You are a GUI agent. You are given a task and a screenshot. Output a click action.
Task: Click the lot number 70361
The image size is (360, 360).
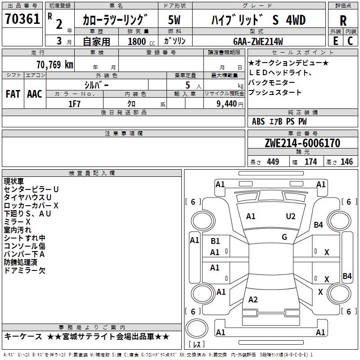pos(22,19)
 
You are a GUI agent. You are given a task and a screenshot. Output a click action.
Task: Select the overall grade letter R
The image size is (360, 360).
pos(343,21)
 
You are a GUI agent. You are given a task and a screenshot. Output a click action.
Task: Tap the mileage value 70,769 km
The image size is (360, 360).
pos(54,64)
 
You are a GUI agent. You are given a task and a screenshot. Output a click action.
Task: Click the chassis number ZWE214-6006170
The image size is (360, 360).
pos(302,143)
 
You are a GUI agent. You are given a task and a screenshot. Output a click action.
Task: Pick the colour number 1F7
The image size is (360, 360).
pos(74,103)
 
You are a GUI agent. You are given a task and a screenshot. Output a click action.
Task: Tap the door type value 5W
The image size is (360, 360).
pos(175,20)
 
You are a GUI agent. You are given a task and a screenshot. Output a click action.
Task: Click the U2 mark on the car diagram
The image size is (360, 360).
pos(291,216)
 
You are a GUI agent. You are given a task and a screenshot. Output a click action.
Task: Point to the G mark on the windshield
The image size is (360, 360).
pos(284,237)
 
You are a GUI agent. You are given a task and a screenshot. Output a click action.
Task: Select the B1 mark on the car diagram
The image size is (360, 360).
pos(215,241)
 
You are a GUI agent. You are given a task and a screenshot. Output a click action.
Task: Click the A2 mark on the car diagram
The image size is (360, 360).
pos(253,300)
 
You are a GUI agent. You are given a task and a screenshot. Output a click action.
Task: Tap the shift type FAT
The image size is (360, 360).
pos(13,94)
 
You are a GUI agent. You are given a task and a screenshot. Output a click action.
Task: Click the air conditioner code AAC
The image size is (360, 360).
pos(35,94)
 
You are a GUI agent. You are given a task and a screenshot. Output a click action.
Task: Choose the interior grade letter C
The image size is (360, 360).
pos(350,41)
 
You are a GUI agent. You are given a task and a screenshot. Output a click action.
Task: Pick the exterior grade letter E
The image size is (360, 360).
pos(335,41)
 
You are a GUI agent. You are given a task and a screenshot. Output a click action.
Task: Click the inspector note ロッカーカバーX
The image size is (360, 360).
pos(31,206)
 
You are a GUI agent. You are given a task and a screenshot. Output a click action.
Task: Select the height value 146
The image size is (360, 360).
pos(346,162)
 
